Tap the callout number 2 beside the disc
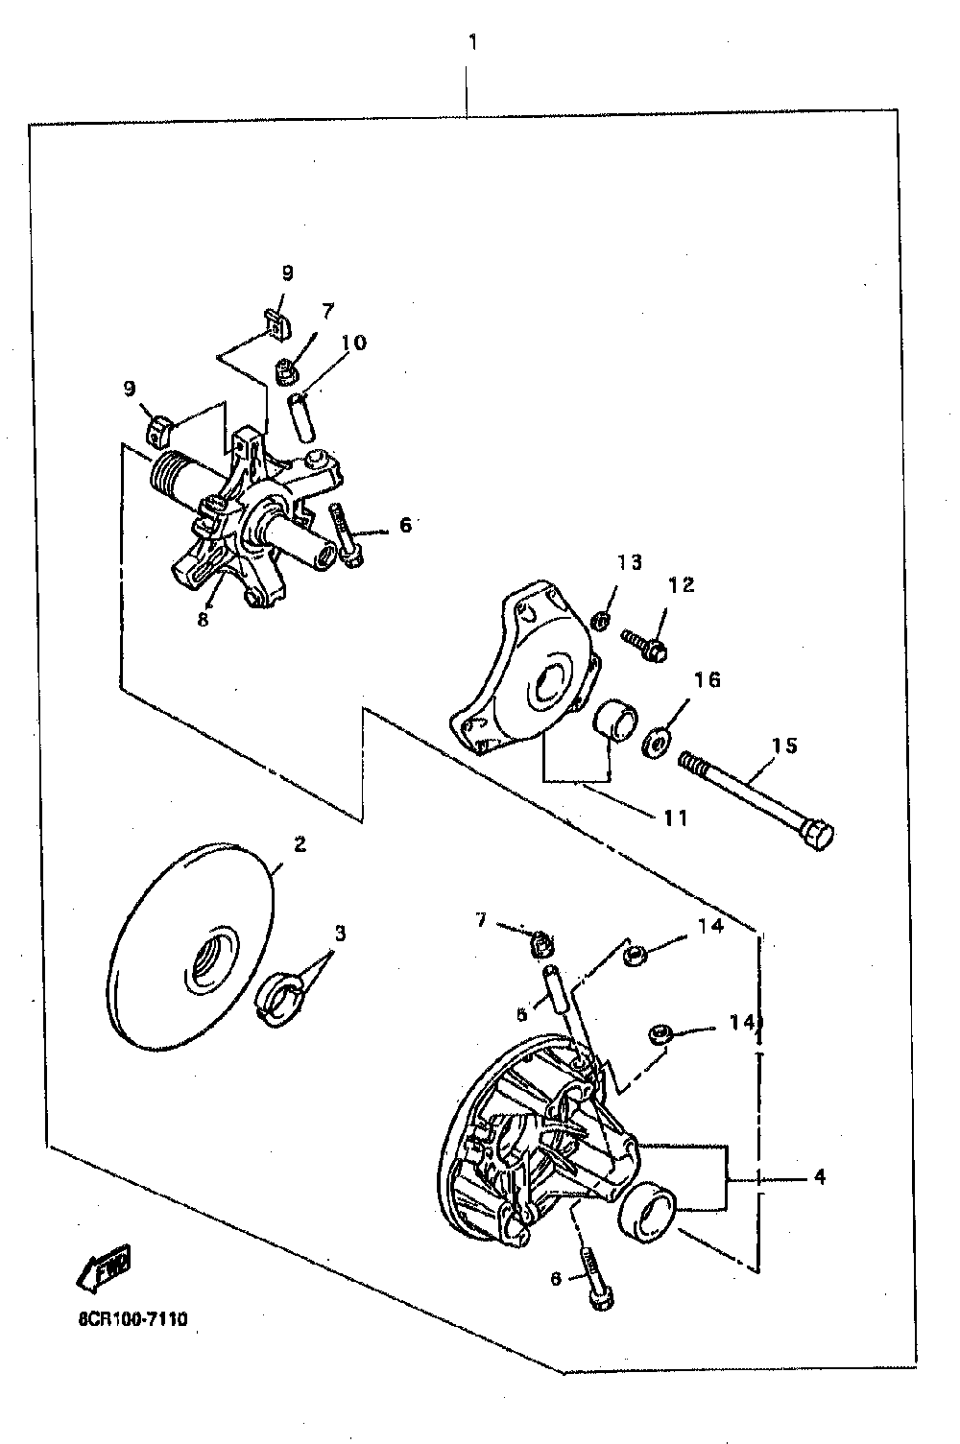pos(300,844)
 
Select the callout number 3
pos(339,932)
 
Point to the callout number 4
pos(819,1176)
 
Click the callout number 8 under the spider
pos(203,620)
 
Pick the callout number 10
pos(353,343)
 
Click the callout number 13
pos(629,562)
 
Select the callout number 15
pos(784,746)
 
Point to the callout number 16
pos(707,680)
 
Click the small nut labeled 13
pos(599,623)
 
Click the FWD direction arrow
pos(103,1268)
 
